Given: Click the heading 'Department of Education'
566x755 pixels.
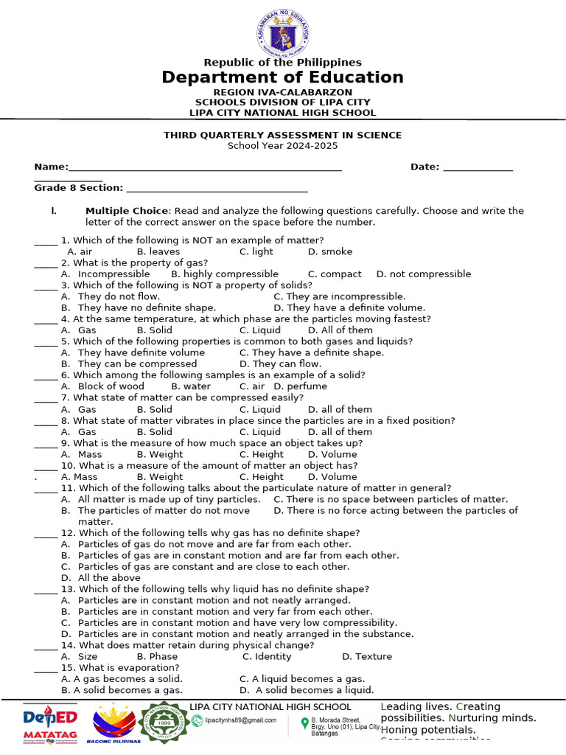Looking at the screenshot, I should coord(283,77).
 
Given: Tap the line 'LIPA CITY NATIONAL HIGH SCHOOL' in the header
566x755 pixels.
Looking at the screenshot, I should coord(283,113).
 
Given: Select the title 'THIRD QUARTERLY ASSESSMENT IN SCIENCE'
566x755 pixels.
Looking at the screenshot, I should coord(283,135).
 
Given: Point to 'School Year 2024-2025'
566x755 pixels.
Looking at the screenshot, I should coord(283,146).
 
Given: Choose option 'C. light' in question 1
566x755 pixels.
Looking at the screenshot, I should coord(256,251).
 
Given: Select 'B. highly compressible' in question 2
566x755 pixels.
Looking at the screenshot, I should coord(225,274).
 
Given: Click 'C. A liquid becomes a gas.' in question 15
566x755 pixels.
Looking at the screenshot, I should coord(302,678).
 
